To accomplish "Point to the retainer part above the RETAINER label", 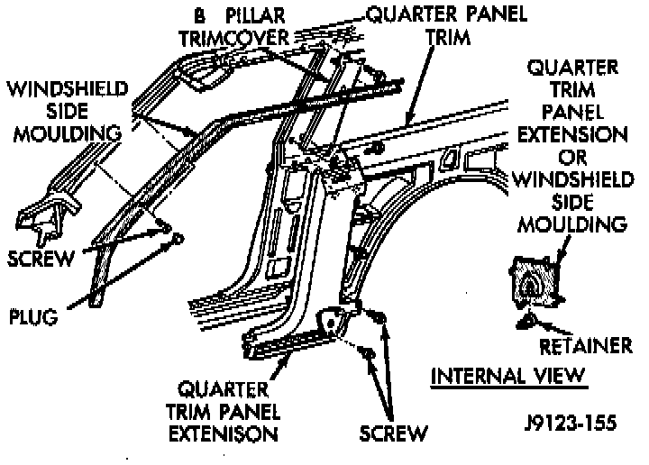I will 527,320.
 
